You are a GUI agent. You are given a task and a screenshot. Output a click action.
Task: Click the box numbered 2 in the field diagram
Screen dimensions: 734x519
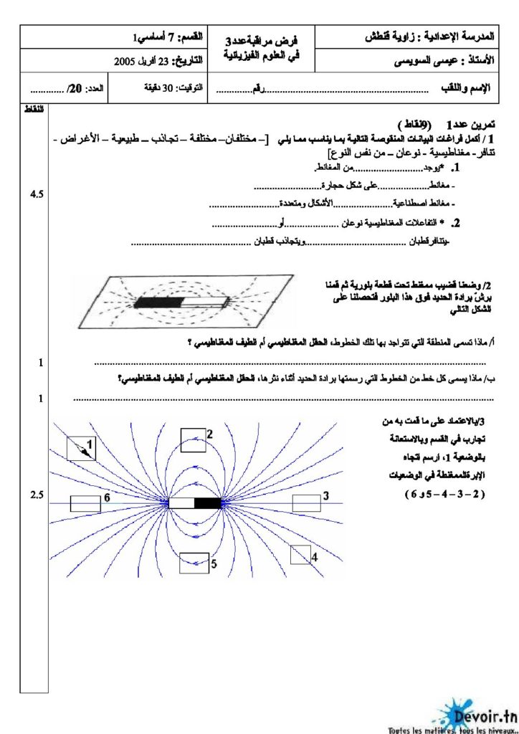193,438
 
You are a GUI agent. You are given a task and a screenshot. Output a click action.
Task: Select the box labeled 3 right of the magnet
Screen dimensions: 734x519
306,502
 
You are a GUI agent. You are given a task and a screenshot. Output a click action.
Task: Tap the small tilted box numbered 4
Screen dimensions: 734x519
300,554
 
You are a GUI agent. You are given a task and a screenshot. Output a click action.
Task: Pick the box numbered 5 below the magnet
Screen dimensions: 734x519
194,563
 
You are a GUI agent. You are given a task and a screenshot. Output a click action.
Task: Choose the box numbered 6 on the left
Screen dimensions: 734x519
85,503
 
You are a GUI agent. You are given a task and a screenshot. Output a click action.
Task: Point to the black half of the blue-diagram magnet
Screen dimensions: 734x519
208,503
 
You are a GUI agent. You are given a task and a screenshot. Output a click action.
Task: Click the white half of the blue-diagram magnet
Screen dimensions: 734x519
181,503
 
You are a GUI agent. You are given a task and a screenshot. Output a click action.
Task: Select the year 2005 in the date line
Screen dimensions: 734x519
126,61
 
